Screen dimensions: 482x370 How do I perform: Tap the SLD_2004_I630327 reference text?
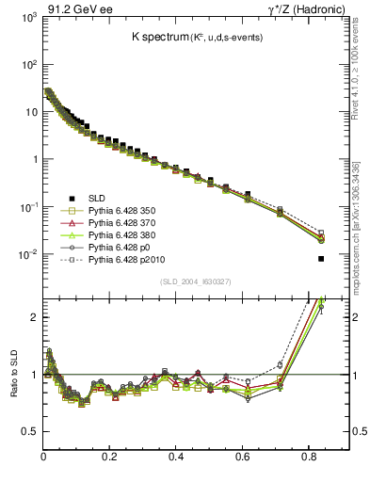(197, 281)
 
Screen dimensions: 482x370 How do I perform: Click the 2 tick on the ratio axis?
(33, 317)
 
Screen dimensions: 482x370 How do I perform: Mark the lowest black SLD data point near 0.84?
(321, 259)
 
